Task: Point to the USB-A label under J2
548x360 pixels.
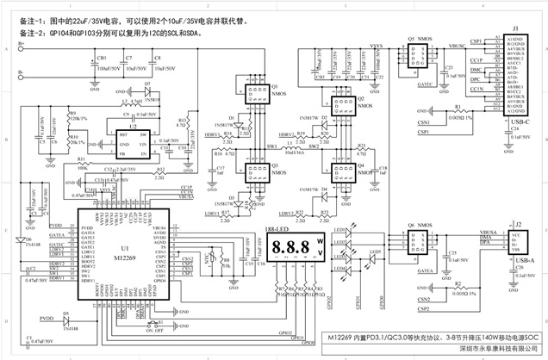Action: pos(517,258)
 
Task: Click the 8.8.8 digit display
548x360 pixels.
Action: pos(293,247)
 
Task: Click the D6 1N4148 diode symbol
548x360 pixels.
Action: pos(28,239)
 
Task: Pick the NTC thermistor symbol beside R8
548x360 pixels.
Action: pos(208,258)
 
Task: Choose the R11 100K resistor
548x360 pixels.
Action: pos(82,160)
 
